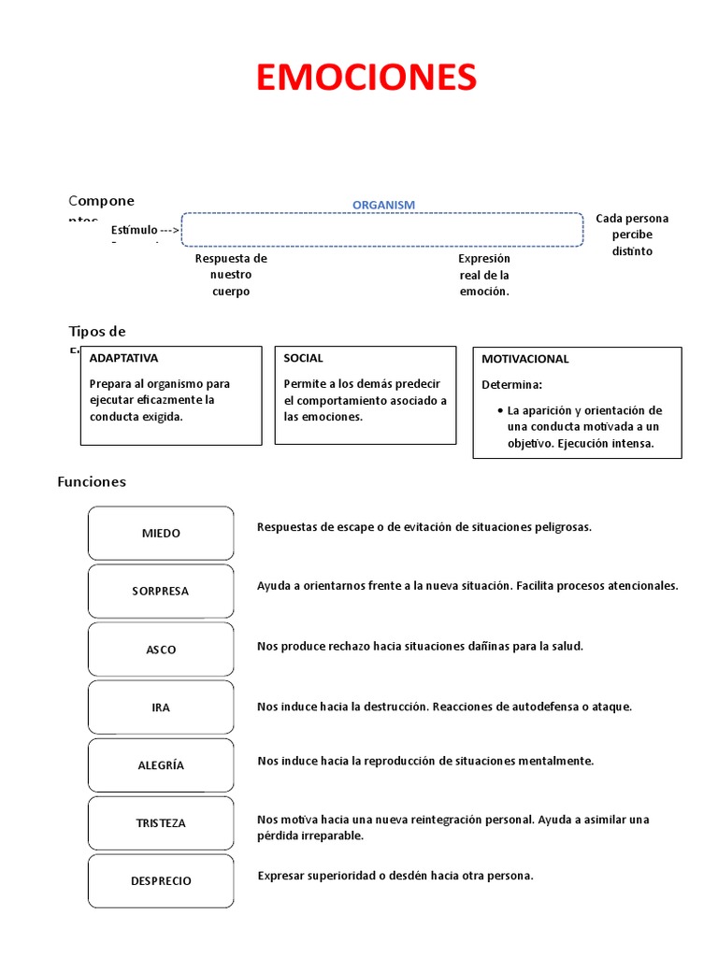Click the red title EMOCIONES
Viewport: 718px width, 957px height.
(x=366, y=78)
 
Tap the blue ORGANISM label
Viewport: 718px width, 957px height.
(x=383, y=205)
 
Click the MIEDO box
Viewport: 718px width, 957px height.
(x=161, y=534)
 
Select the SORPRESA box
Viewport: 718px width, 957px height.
(x=161, y=592)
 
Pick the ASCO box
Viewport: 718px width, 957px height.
(x=161, y=650)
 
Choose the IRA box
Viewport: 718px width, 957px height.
(x=161, y=707)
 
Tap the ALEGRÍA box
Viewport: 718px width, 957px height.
(x=161, y=765)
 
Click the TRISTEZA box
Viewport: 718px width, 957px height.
(x=161, y=823)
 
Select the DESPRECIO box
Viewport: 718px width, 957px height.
(x=161, y=881)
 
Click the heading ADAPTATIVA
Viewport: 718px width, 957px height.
(x=123, y=358)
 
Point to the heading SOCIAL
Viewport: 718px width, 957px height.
(x=304, y=358)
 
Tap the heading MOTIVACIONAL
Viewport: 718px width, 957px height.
(x=524, y=359)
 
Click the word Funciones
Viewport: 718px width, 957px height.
(x=92, y=482)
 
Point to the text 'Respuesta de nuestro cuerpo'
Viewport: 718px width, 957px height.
(x=231, y=275)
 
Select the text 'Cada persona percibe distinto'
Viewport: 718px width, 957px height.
(x=632, y=235)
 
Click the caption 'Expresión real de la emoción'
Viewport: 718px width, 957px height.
(x=484, y=275)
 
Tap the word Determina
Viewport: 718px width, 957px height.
(x=511, y=384)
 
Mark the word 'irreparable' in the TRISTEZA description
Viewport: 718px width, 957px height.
(x=332, y=836)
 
